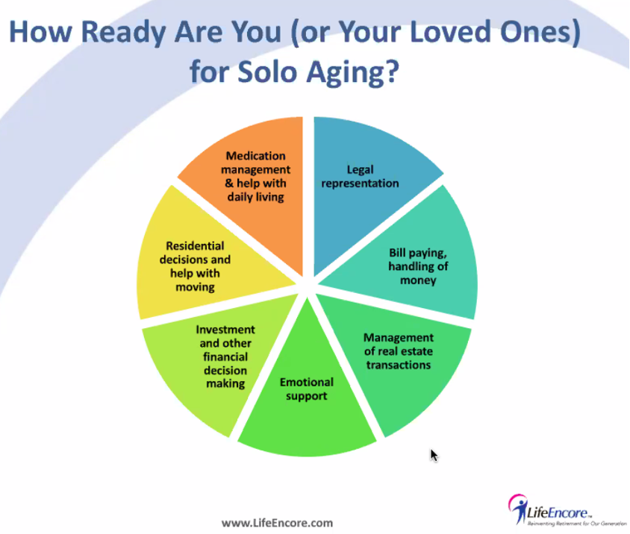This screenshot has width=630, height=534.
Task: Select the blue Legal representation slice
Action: [x=361, y=180]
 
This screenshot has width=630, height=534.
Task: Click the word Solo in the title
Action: [x=267, y=72]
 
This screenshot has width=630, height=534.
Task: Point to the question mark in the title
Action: [x=391, y=71]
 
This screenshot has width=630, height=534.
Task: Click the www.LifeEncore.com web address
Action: [x=277, y=523]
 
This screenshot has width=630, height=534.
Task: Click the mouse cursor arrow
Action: [x=434, y=456]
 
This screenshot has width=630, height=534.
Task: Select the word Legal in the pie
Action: [x=360, y=169]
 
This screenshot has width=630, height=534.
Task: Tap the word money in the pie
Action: [x=418, y=280]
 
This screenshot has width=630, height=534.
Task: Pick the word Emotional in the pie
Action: [x=307, y=382]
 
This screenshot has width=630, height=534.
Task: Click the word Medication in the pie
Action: [x=255, y=156]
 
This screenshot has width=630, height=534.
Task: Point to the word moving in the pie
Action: [x=195, y=287]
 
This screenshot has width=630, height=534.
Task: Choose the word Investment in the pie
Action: [x=225, y=330]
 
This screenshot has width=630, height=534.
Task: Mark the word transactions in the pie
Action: [x=398, y=365]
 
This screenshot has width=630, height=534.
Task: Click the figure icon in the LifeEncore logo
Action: [x=518, y=509]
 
